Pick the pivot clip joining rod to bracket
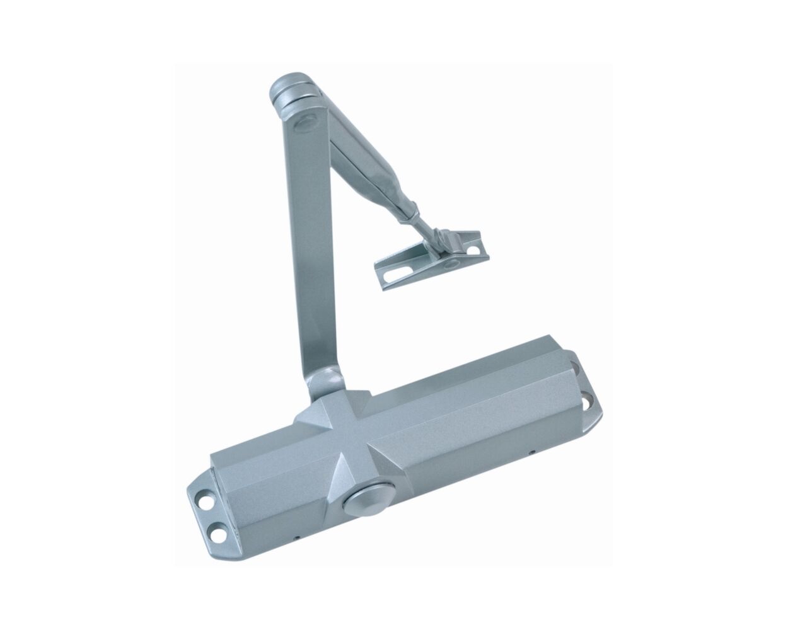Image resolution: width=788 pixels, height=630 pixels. [x=437, y=239]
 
